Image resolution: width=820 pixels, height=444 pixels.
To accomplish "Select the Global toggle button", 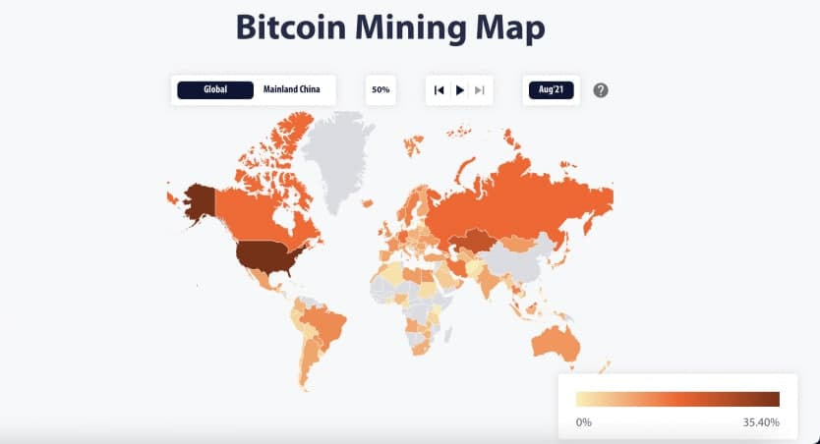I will coord(215,90).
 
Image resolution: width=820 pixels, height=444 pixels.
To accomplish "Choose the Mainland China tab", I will coord(293,90).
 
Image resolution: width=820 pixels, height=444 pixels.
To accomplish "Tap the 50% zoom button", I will coord(381,90).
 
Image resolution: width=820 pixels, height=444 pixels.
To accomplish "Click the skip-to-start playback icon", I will coord(439,90).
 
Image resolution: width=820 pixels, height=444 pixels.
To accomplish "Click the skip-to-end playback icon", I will coord(480,90).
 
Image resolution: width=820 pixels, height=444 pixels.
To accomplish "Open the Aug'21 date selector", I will coord(551,90).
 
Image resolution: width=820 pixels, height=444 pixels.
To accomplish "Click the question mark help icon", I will coord(601,90).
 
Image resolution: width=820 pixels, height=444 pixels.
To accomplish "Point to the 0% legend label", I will coord(583,422).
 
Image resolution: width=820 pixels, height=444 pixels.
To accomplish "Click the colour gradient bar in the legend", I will coord(677,399).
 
